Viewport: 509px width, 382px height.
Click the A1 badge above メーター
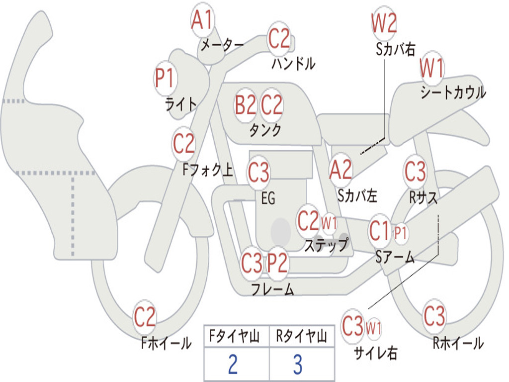tap(202, 20)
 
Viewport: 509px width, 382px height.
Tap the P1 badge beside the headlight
tap(165, 79)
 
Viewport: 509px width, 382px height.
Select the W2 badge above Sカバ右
tap(384, 24)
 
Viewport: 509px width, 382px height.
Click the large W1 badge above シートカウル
tap(431, 69)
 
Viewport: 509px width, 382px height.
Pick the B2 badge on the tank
tap(246, 105)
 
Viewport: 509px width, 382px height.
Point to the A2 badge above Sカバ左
tap(341, 170)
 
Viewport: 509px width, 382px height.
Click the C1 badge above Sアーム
tap(380, 231)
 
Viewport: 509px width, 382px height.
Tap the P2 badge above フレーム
tap(277, 263)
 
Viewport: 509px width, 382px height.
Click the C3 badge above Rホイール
tap(434, 315)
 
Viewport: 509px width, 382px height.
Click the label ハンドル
tap(294, 63)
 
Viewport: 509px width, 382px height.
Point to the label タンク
tap(265, 130)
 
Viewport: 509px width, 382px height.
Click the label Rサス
tap(424, 197)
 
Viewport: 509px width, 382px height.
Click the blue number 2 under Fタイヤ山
tap(233, 365)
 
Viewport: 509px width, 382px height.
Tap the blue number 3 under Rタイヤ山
tap(297, 365)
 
